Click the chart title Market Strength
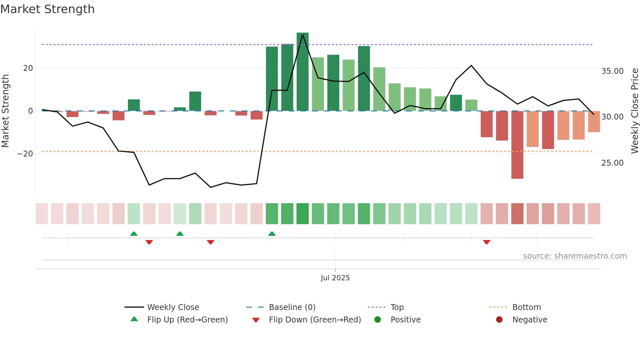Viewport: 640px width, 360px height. (x=48, y=9)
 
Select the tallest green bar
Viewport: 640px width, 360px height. (x=302, y=72)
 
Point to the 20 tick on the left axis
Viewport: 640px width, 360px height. (x=28, y=68)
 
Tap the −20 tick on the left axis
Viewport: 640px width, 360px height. (x=25, y=154)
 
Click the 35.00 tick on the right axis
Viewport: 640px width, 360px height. (x=612, y=71)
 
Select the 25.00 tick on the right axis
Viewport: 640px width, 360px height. (x=612, y=163)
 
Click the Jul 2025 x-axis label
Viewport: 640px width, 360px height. (x=335, y=278)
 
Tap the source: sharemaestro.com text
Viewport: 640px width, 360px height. (x=575, y=256)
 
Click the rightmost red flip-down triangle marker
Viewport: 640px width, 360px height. (x=487, y=242)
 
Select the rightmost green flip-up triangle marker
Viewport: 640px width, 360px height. (x=272, y=234)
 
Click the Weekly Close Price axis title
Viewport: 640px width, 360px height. (x=634, y=111)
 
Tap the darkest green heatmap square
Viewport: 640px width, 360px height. (x=302, y=214)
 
